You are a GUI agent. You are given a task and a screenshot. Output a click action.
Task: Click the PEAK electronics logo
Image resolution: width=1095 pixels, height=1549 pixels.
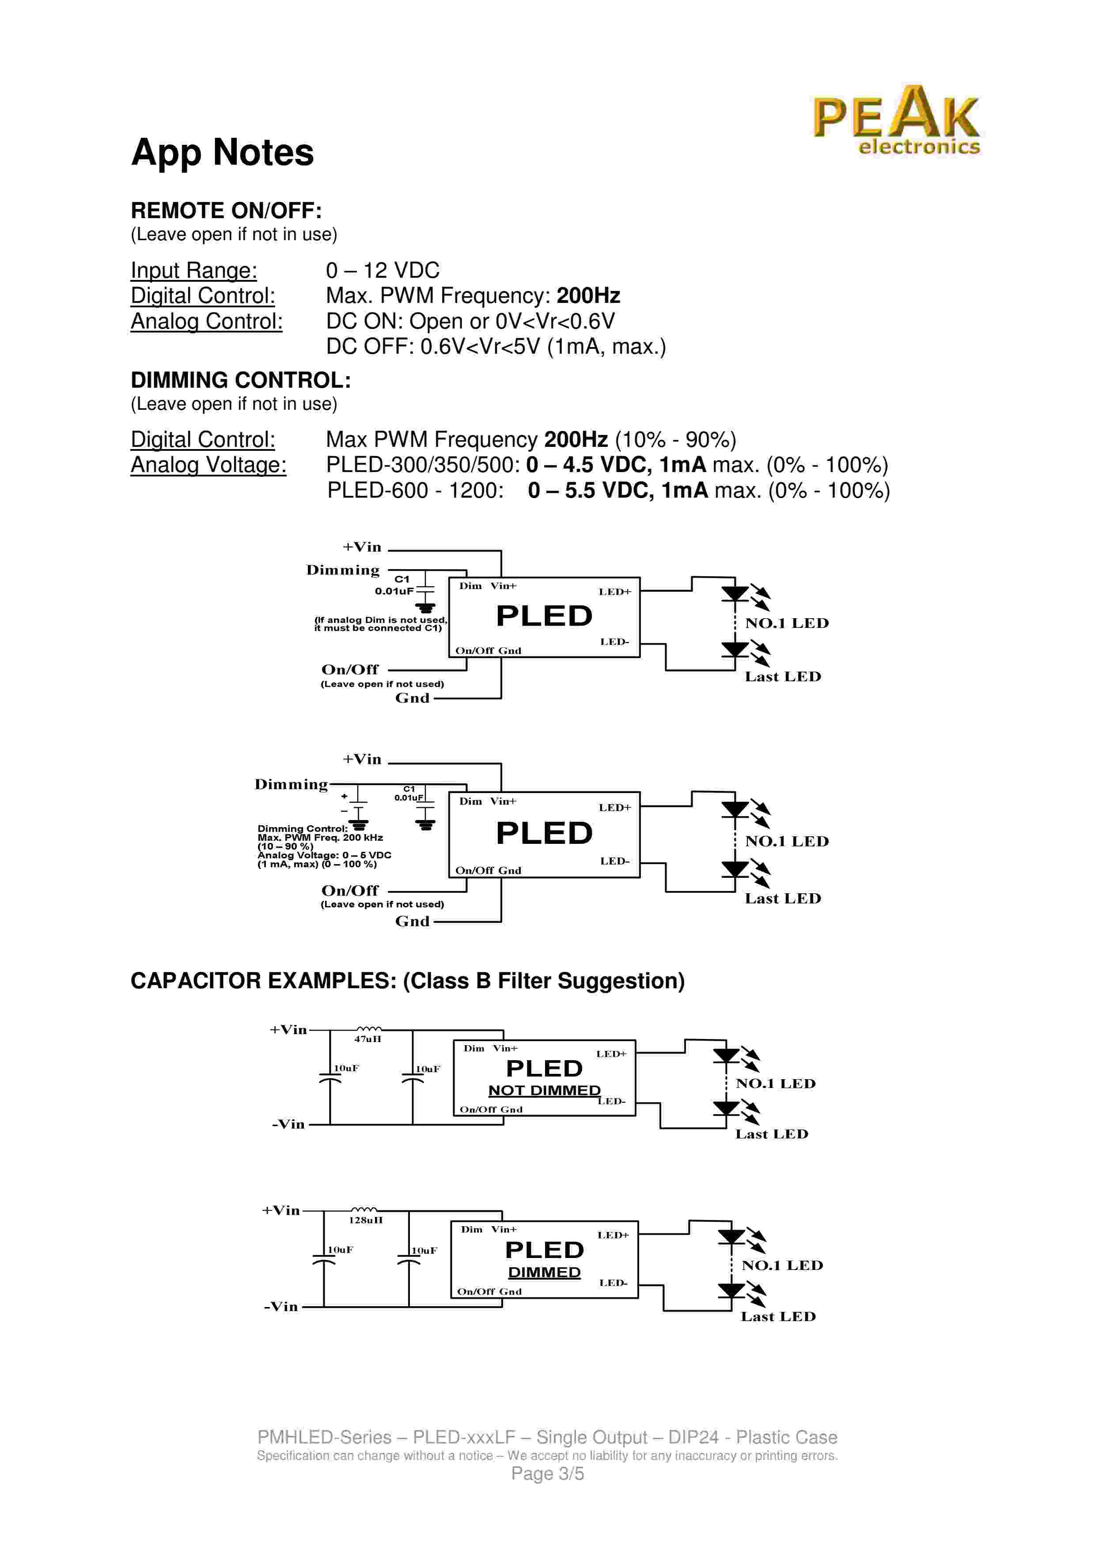(896, 121)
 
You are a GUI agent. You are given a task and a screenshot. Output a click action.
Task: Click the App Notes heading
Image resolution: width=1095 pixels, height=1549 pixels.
(222, 152)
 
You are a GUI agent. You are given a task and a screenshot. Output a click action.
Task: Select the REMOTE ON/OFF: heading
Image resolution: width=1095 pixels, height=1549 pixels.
(226, 211)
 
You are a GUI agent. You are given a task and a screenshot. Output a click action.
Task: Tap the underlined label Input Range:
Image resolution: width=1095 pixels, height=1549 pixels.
(193, 271)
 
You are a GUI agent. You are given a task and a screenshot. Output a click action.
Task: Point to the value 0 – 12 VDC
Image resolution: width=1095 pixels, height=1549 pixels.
(382, 271)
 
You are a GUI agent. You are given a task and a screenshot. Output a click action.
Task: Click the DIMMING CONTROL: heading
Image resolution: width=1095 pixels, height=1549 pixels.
(240, 381)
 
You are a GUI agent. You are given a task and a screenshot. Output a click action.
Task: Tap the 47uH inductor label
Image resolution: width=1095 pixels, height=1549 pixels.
(368, 1039)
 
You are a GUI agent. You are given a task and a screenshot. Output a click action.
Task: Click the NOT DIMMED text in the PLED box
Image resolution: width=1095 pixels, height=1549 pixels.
(544, 1091)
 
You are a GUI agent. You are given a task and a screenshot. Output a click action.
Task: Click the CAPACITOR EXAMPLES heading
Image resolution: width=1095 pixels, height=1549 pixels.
(407, 981)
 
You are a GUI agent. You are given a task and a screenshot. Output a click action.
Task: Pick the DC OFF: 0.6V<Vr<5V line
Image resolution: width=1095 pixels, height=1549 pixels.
(495, 347)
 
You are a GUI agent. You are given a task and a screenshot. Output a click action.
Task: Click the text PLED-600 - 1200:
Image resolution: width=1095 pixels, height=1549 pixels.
(415, 491)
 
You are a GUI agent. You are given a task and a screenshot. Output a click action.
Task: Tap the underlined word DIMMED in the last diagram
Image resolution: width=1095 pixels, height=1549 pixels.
(544, 1273)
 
